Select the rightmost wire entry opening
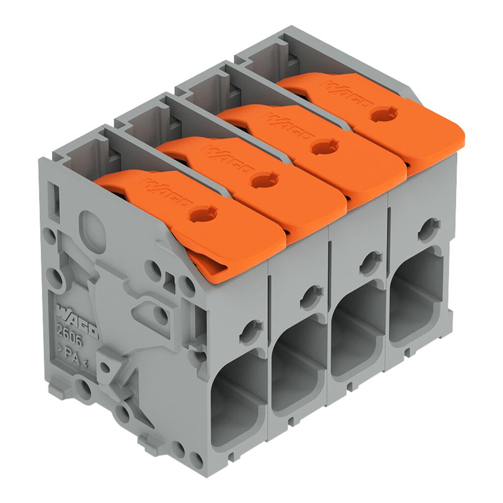click(x=417, y=295)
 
